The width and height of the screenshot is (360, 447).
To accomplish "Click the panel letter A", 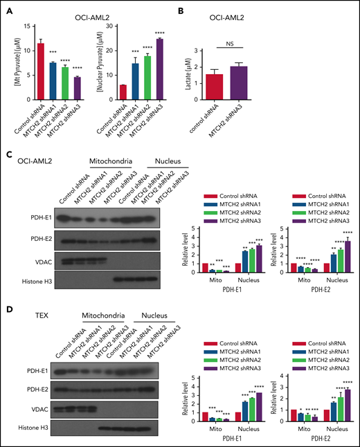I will click(7, 8).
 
